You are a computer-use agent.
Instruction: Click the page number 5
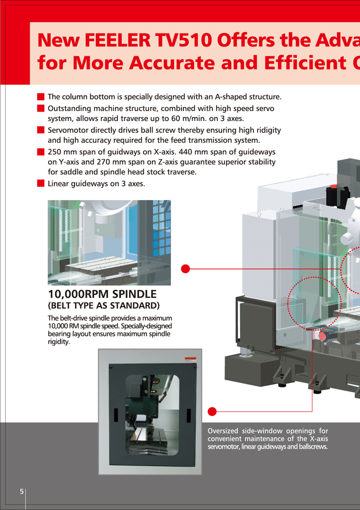tap(21, 491)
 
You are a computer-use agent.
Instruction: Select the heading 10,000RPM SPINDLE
tap(102, 294)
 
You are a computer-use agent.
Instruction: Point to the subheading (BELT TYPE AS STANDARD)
tap(103, 305)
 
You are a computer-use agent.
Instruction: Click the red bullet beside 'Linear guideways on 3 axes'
tap(41, 183)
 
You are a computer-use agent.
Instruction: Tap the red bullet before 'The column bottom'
tap(41, 96)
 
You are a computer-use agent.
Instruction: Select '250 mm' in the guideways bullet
tap(62, 151)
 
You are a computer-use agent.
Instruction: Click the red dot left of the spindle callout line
tap(185, 269)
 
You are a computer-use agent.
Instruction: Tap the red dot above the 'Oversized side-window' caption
tap(212, 411)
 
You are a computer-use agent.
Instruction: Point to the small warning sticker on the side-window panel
tap(190, 359)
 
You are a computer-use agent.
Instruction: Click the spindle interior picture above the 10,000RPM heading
tap(109, 242)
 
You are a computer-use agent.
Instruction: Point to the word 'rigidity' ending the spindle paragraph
tap(58, 342)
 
